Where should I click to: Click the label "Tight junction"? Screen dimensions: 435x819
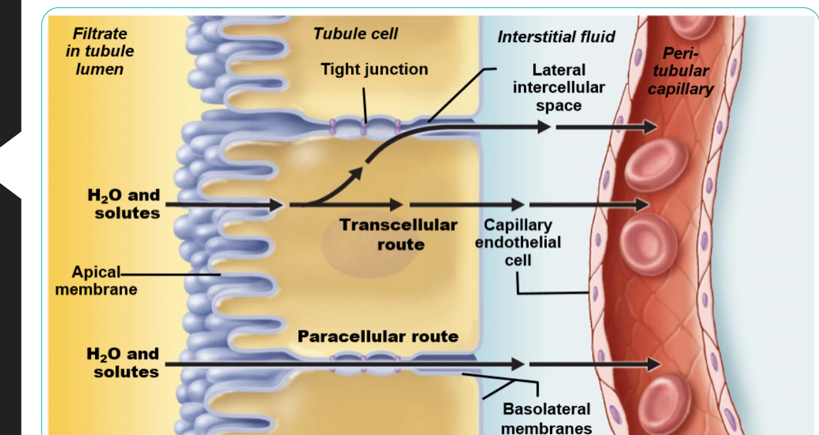pos(374,70)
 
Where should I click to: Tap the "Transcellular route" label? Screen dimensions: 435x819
pos(399,234)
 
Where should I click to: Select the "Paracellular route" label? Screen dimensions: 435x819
pos(378,336)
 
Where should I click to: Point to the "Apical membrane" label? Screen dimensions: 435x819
pos(95,281)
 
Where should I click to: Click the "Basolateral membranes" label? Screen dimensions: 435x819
pos(546,418)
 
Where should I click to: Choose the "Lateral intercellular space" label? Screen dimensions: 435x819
pos(558,88)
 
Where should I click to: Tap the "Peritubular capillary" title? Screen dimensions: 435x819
pos(680,71)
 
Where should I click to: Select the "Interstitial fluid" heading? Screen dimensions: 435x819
pos(556,37)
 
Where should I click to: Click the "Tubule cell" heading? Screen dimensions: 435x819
pos(355,34)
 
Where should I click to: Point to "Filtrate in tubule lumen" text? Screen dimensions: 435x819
pos(100,51)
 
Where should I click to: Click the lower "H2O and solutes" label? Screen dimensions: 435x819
pos(124,362)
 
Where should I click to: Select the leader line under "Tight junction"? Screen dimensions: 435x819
pos(364,102)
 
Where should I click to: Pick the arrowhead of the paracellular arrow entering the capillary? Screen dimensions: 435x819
pos(653,365)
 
